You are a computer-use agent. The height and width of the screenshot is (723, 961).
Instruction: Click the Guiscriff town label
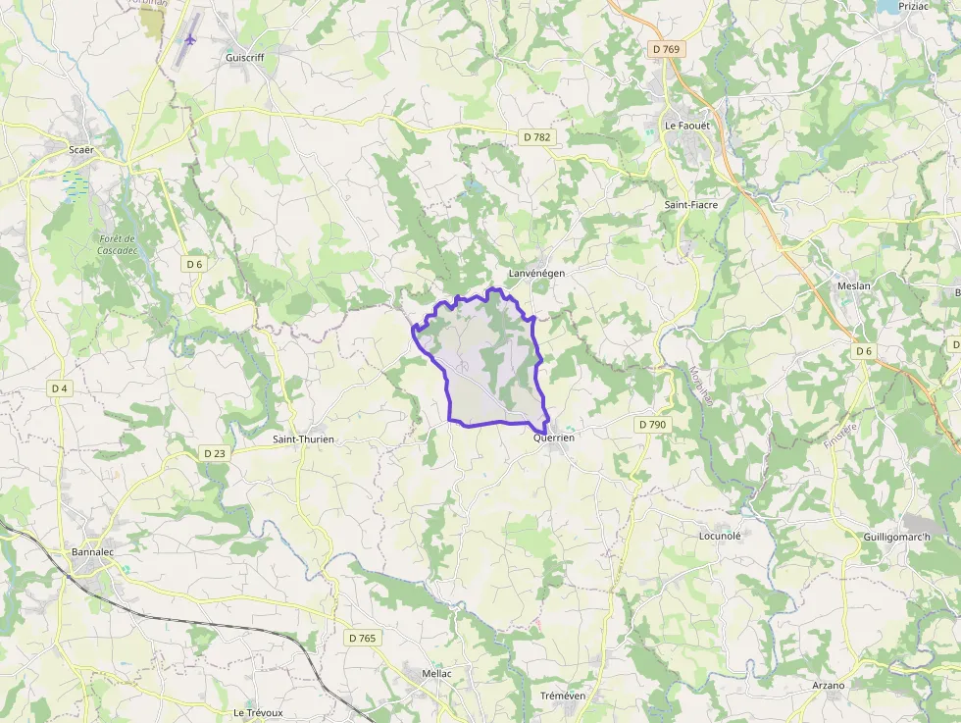(244, 58)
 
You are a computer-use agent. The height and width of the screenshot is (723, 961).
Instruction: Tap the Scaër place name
(81, 149)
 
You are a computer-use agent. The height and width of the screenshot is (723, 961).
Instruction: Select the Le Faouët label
(686, 126)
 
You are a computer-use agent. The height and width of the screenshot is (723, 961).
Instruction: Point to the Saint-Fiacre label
(691, 205)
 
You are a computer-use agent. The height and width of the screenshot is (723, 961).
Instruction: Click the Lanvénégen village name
(536, 272)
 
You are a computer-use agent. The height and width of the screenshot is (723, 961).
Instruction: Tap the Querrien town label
(553, 439)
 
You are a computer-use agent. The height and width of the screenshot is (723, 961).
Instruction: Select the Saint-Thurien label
(303, 439)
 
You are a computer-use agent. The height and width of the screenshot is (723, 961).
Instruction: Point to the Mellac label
(436, 674)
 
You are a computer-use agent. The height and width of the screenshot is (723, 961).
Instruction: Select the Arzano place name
(829, 685)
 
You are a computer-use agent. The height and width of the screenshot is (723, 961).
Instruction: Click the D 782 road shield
(536, 137)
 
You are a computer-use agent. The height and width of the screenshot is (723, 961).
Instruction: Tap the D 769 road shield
(667, 48)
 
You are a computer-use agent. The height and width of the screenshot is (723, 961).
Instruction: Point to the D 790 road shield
(651, 425)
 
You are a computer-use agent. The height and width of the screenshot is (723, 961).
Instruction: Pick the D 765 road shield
(362, 638)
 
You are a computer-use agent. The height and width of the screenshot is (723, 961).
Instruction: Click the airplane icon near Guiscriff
(190, 40)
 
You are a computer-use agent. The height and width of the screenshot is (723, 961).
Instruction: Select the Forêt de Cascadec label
(116, 245)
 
